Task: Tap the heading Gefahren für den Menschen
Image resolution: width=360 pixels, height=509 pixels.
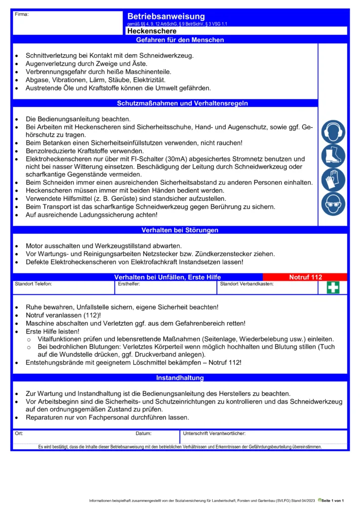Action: pyautogui.click(x=180, y=40)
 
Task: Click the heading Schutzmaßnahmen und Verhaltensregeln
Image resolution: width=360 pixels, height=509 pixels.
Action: pyautogui.click(x=182, y=103)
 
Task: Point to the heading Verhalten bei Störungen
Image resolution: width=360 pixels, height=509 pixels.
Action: pyautogui.click(x=180, y=230)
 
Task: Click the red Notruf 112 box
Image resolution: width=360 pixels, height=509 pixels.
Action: pyautogui.click(x=305, y=277)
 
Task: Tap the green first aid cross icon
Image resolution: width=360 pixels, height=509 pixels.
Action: pyautogui.click(x=333, y=288)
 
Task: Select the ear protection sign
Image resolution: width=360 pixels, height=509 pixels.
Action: pyautogui.click(x=333, y=131)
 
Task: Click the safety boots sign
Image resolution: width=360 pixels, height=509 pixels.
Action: pyautogui.click(x=333, y=156)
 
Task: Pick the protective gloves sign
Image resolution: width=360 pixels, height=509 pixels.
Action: pyautogui.click(x=333, y=179)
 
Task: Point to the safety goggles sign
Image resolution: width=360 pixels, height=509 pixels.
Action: pyautogui.click(x=333, y=204)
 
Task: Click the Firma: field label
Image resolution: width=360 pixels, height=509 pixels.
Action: pyautogui.click(x=22, y=14)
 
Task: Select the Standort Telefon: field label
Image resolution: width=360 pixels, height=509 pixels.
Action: pyautogui.click(x=33, y=284)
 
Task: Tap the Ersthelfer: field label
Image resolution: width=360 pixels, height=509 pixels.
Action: pyautogui.click(x=129, y=284)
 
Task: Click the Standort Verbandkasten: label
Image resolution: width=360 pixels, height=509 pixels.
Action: pyautogui.click(x=247, y=284)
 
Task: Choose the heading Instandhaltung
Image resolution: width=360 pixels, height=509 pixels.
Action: pyautogui.click(x=180, y=378)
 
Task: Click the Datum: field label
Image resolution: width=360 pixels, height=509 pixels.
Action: pyautogui.click(x=143, y=433)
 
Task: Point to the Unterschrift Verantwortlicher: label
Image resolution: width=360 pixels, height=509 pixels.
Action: pyautogui.click(x=215, y=433)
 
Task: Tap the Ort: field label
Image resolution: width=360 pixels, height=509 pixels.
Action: pyautogui.click(x=19, y=433)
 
